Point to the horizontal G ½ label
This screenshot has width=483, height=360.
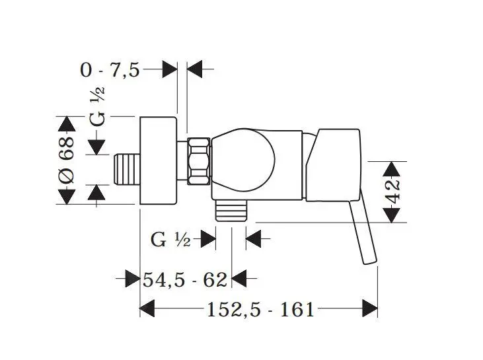170,239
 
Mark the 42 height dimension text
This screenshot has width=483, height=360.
392,192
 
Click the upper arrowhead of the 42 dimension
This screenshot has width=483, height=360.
392,168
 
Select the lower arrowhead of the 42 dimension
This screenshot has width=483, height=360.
392,215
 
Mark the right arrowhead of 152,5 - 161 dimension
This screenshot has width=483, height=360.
370,309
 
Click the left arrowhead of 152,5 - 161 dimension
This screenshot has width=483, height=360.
147,309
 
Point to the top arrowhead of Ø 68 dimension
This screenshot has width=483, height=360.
66,124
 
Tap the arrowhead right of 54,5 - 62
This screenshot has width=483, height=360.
238,279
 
